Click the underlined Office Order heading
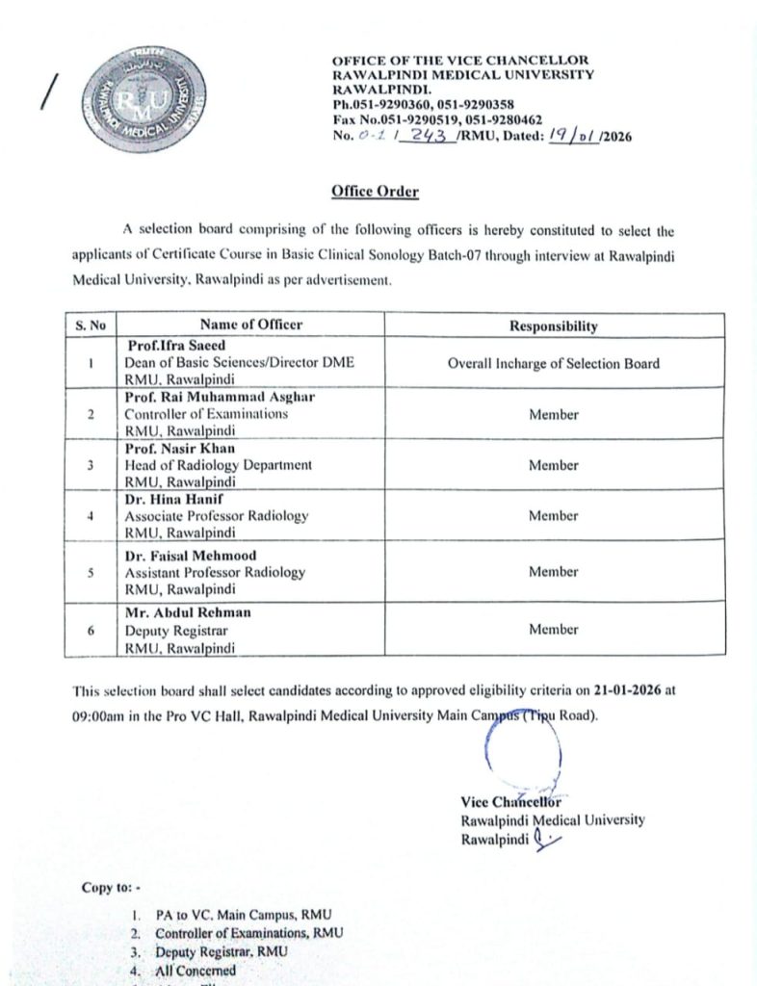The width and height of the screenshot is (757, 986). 375,192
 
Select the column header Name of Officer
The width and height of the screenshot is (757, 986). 250,324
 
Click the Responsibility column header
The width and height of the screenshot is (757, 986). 553,325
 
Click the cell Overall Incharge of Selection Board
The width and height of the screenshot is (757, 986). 553,363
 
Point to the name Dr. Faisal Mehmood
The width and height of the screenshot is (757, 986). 188,556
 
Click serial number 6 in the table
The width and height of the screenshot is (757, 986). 89,630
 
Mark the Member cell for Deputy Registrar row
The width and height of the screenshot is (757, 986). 553,629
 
